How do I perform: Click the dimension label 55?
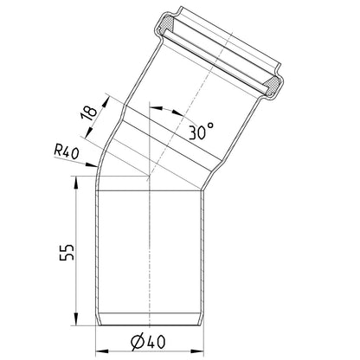click(67, 253)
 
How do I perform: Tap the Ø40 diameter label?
click(148, 342)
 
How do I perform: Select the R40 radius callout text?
click(66, 152)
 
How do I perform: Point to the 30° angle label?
click(202, 131)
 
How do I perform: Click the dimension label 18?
click(88, 113)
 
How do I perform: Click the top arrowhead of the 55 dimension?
click(75, 183)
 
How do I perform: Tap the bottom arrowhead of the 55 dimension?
click(75, 318)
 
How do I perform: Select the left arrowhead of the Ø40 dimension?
click(102, 351)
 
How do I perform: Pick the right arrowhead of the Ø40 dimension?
click(197, 351)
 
